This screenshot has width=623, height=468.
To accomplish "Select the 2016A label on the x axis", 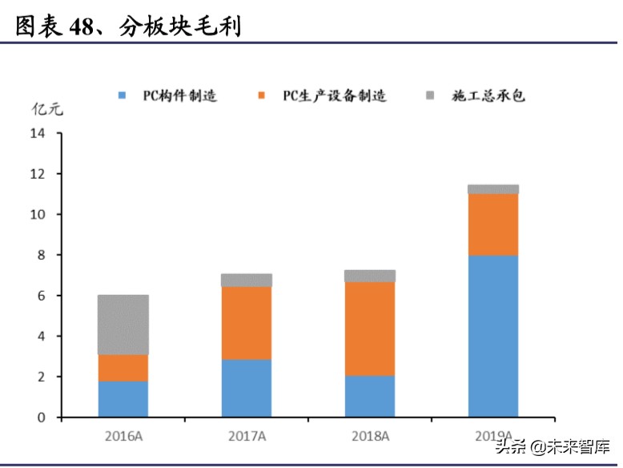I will [123, 436].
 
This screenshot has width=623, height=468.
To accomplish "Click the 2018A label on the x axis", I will [370, 436].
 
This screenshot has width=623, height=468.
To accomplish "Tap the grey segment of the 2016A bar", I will [123, 325].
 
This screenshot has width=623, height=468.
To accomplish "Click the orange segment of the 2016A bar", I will [123, 368].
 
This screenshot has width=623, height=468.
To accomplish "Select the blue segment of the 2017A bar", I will [247, 388].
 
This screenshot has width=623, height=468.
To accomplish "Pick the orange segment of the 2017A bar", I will [247, 323].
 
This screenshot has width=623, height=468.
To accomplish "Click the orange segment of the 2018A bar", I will [370, 329].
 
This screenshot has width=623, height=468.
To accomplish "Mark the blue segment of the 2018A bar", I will [370, 396].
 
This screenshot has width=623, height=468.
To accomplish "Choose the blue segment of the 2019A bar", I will [493, 336].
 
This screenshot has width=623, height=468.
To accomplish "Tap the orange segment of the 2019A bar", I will [493, 224].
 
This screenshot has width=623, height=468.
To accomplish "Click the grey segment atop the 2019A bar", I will [493, 189].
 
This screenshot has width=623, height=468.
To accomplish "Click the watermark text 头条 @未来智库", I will [553, 446].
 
